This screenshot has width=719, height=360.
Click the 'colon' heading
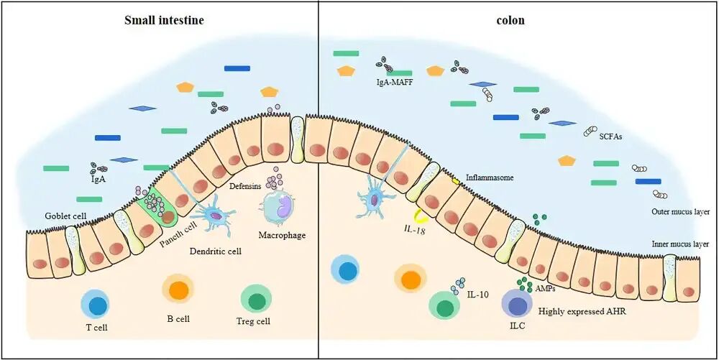(x=511, y=20)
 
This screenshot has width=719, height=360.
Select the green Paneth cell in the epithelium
(x=160, y=208)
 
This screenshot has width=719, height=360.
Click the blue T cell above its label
(x=96, y=305)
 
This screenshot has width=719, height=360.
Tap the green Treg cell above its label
(x=255, y=298)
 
